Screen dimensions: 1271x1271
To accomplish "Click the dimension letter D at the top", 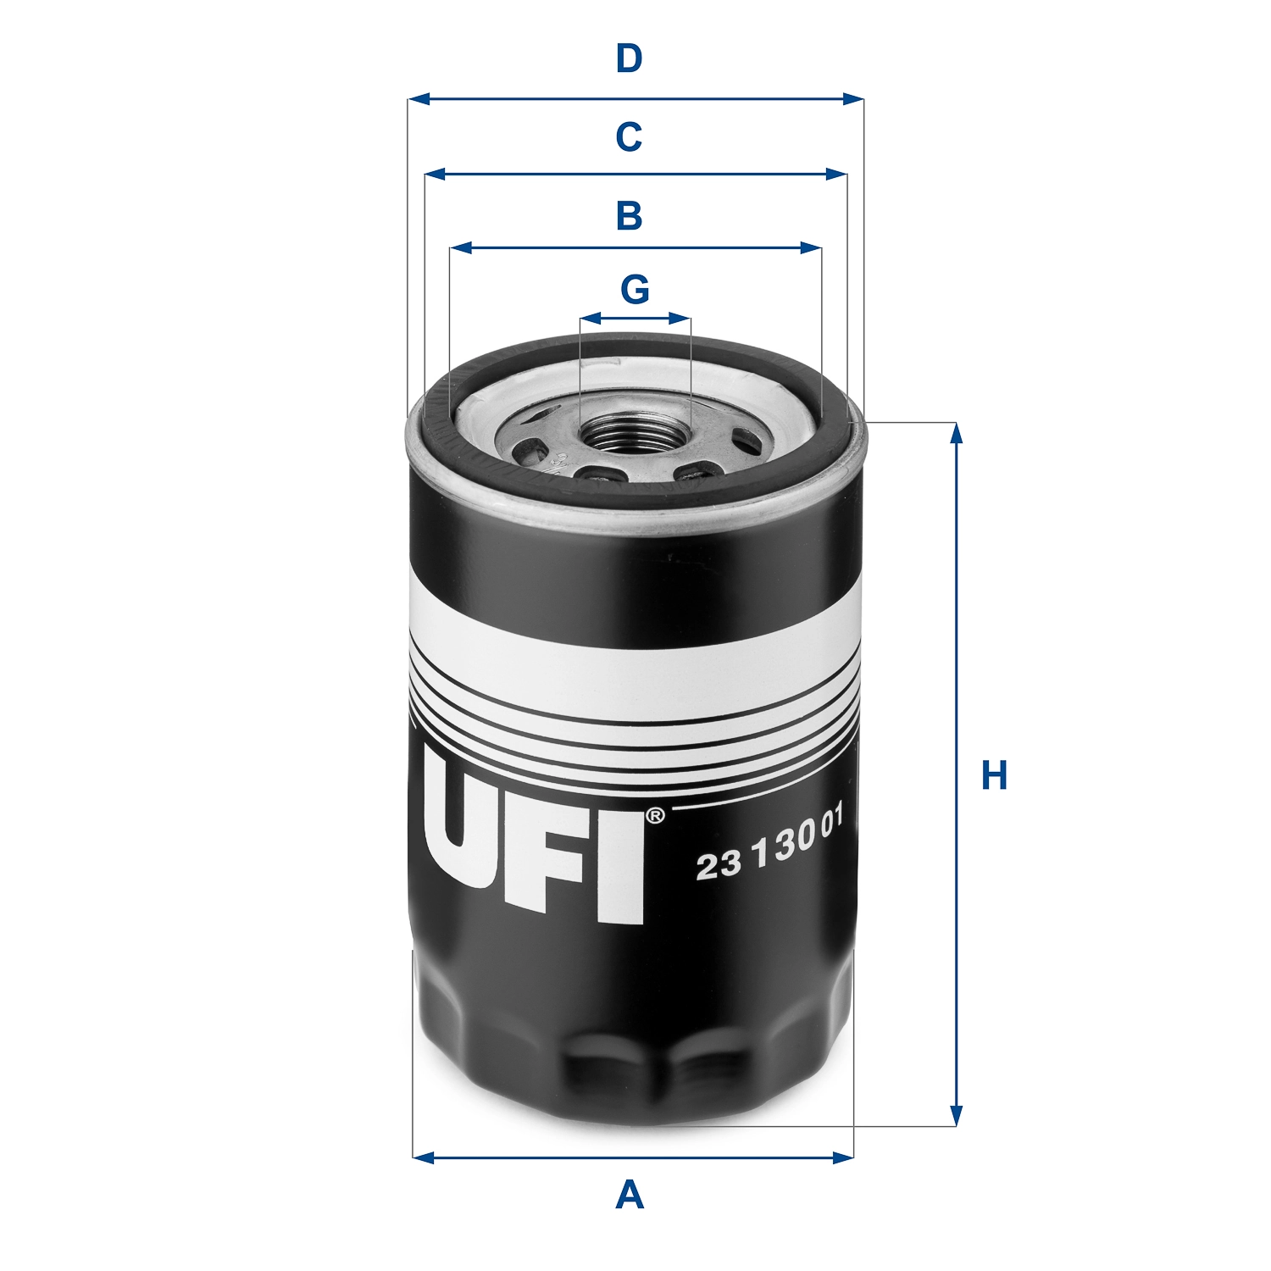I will coord(629,59).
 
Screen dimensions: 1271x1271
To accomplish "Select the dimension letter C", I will coord(629,136).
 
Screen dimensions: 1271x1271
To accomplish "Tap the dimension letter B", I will coord(629,216).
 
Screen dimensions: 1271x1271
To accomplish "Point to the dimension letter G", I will coord(635,290).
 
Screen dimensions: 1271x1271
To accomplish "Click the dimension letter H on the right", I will coord(994,776).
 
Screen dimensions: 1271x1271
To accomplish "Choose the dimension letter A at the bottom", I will coord(629,1196).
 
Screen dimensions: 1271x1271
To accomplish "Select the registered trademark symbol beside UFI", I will coord(655,817).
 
